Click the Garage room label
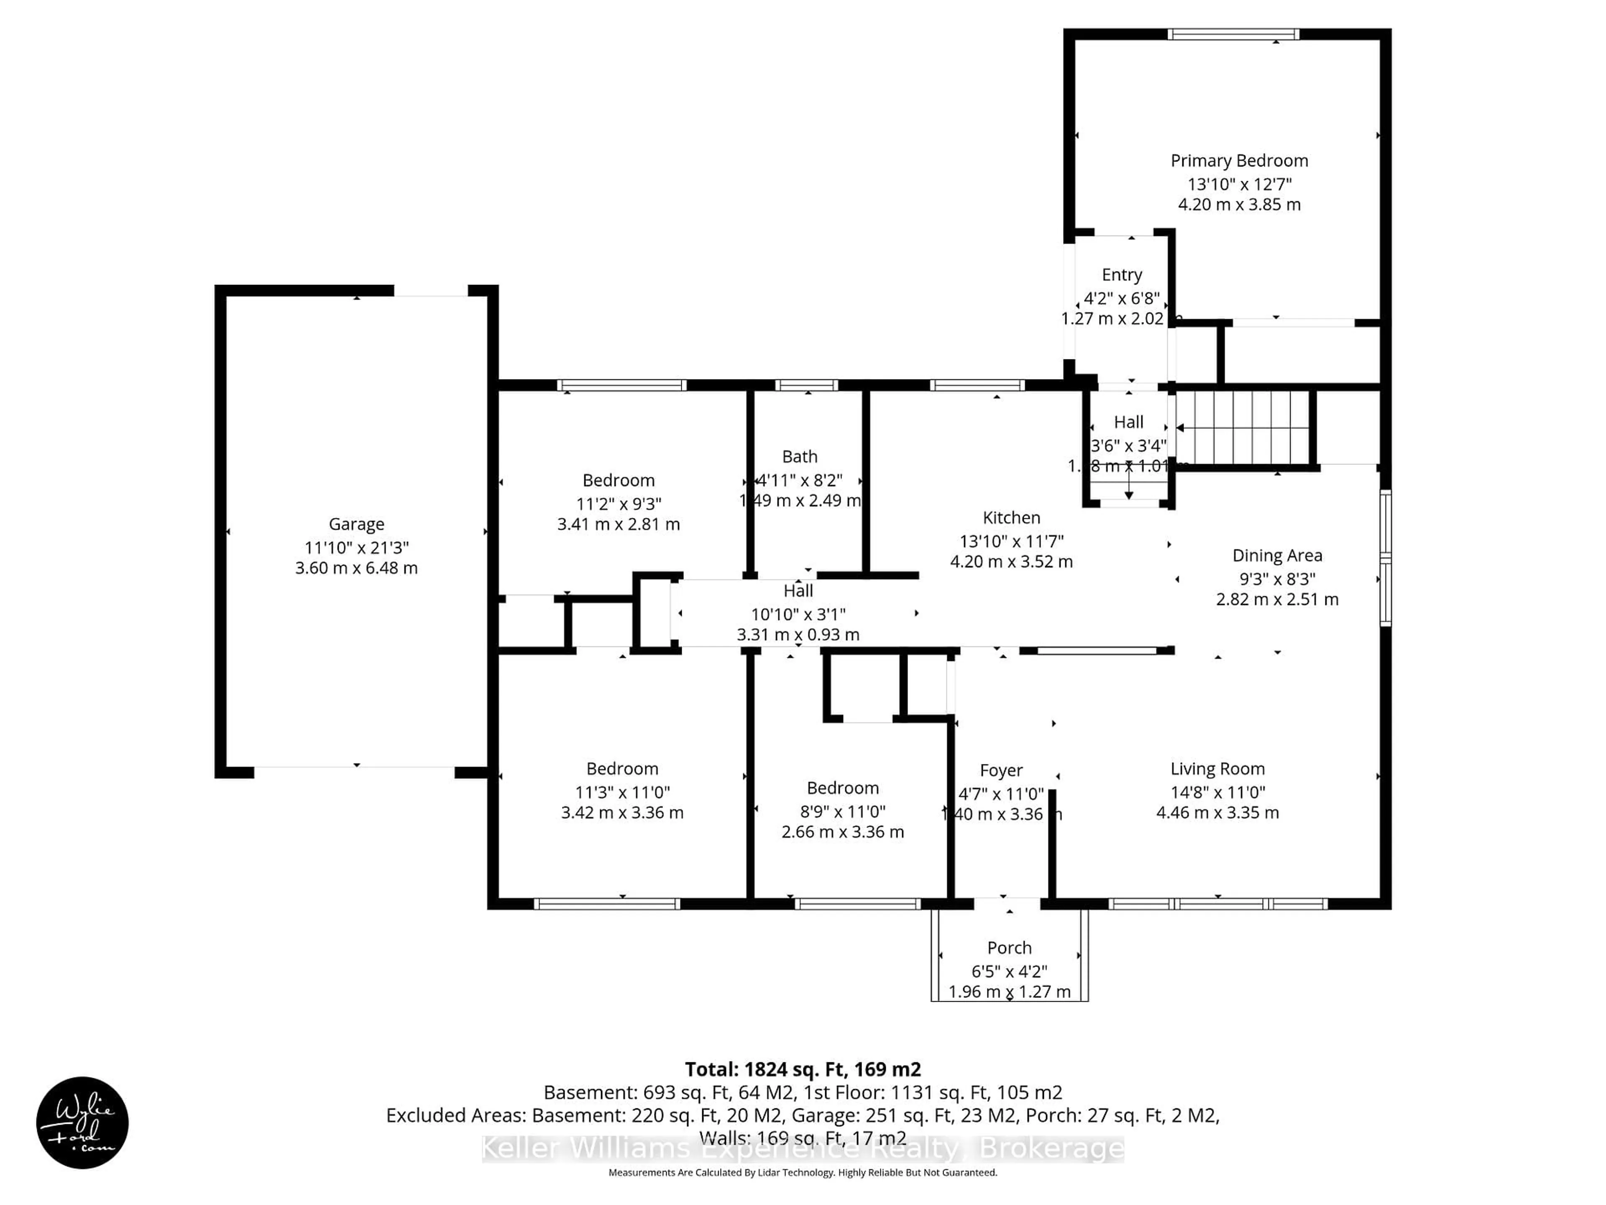tap(356, 524)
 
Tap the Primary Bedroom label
tap(1239, 161)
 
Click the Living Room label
tap(1217, 769)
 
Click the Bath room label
tap(799, 456)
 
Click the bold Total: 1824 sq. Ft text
tap(802, 1069)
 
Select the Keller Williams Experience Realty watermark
tap(802, 1149)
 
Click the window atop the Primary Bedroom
tap(1233, 34)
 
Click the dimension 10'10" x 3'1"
tap(798, 614)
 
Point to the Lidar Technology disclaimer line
tap(802, 1172)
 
